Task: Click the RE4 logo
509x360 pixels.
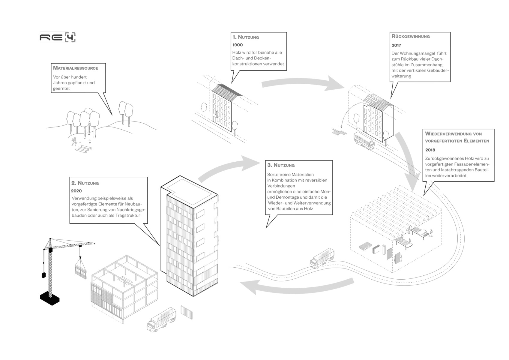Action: pyautogui.click(x=58, y=37)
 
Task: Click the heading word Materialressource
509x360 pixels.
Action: pyautogui.click(x=76, y=68)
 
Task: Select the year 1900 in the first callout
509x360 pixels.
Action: pyautogui.click(x=238, y=45)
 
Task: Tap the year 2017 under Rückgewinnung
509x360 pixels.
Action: pyautogui.click(x=396, y=45)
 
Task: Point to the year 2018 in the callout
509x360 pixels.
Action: pyautogui.click(x=430, y=150)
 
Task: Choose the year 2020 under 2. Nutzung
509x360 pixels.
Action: pyautogui.click(x=76, y=191)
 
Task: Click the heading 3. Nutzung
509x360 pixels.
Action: pyautogui.click(x=281, y=165)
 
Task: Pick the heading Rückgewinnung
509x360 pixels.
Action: pyautogui.click(x=411, y=36)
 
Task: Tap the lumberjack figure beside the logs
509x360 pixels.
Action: pyautogui.click(x=74, y=141)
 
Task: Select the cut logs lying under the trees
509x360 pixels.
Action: pyautogui.click(x=84, y=149)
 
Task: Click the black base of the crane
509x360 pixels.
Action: pyautogui.click(x=50, y=298)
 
